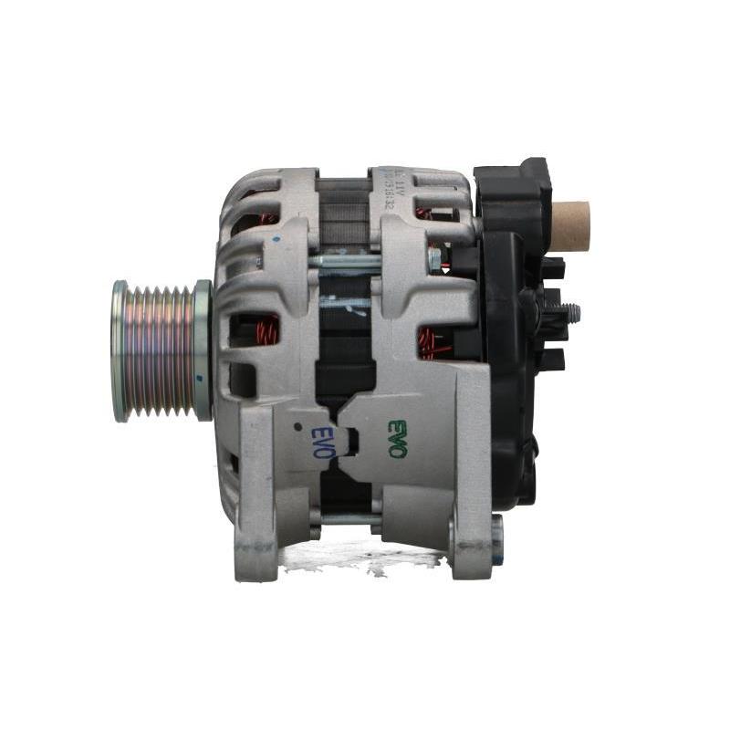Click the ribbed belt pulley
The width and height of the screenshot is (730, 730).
click(x=157, y=351)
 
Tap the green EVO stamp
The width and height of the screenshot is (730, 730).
click(x=397, y=437)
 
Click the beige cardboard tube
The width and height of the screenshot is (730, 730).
click(x=569, y=225)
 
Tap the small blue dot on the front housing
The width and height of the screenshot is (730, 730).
click(x=276, y=239)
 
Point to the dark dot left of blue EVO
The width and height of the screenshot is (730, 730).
click(x=297, y=426)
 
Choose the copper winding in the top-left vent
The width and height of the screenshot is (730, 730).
click(x=266, y=219)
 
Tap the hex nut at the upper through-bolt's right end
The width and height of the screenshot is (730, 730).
click(x=434, y=259)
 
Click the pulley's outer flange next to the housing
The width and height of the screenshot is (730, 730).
click(x=202, y=351)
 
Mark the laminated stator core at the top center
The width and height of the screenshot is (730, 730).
click(x=343, y=210)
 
